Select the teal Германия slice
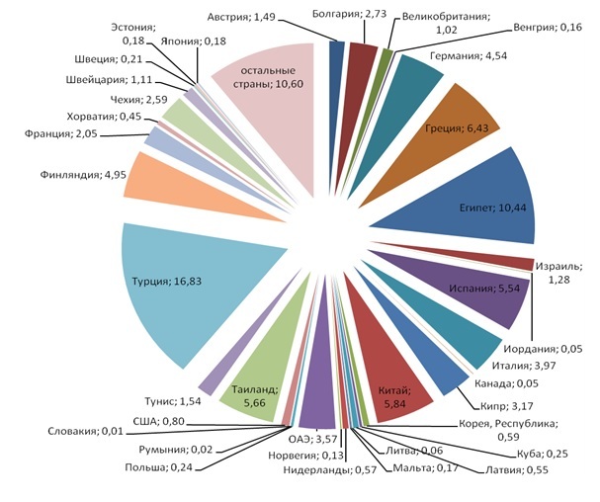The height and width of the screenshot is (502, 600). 413,84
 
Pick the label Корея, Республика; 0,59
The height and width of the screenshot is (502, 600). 507,429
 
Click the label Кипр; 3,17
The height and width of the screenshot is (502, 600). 488,404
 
